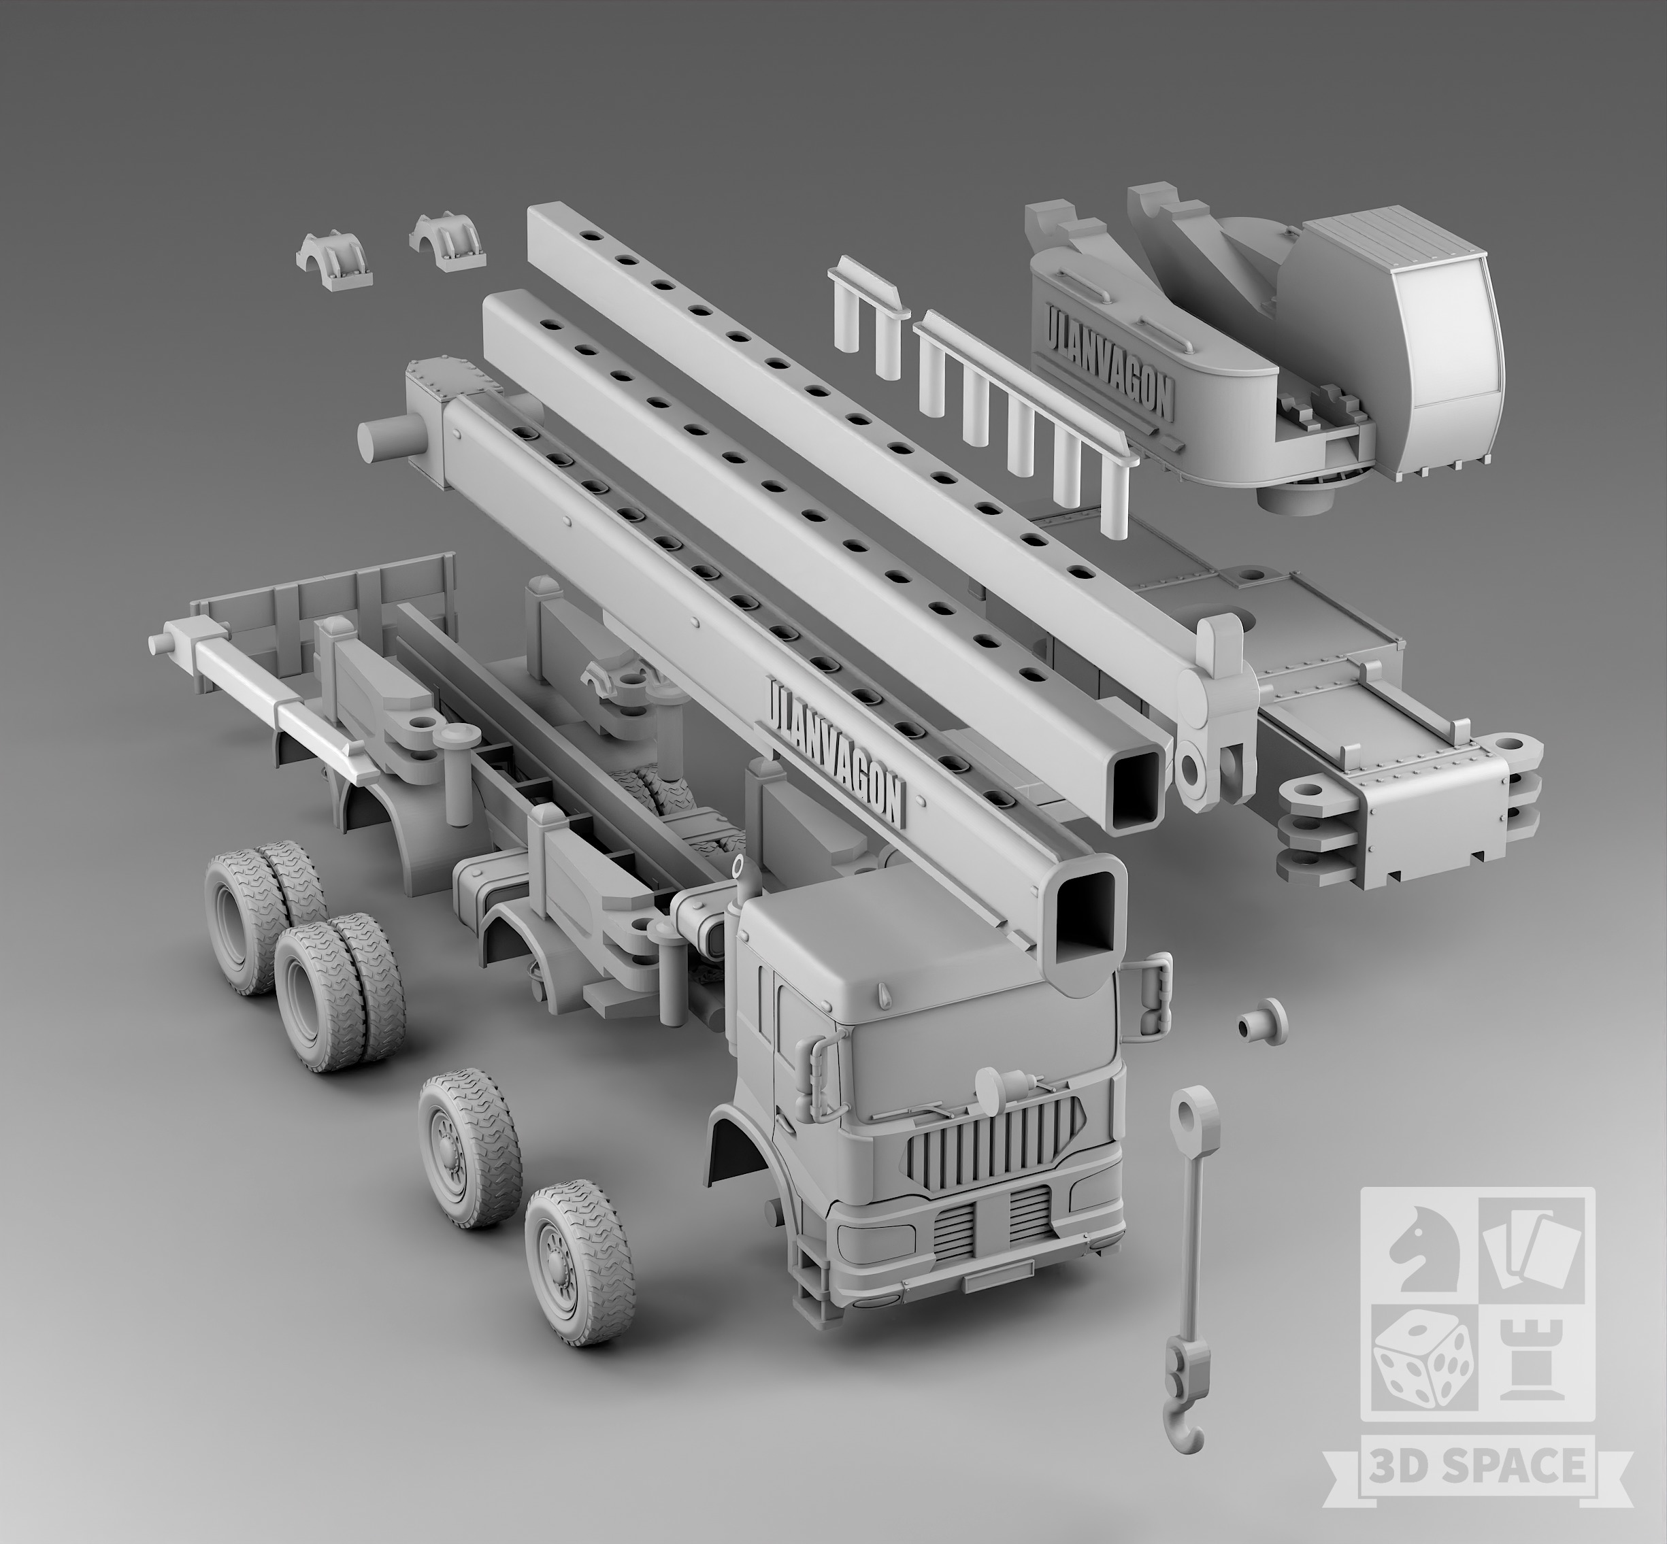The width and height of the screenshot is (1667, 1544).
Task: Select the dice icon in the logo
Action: click(x=1418, y=1380)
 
